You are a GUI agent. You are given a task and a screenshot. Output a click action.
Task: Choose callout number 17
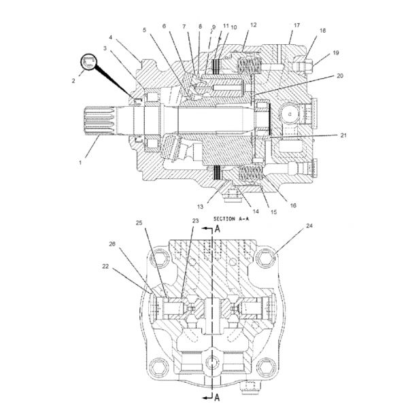coord(296,25)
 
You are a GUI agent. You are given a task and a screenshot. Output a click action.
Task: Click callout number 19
coord(336,53)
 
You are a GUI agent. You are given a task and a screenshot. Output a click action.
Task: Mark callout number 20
coord(340,76)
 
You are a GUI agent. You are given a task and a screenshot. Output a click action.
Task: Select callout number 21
coord(344,135)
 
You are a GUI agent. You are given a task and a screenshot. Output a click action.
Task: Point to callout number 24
coord(309,225)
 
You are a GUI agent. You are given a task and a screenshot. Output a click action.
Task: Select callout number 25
coord(139,222)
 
